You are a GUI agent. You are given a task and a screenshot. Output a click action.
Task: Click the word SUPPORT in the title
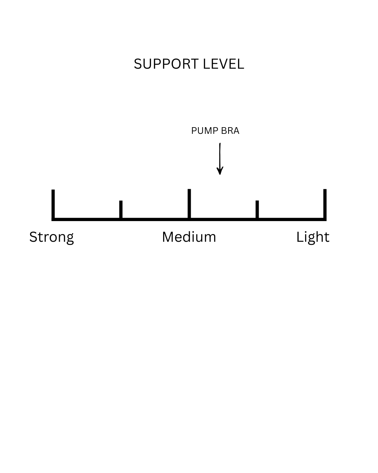pyautogui.click(x=166, y=64)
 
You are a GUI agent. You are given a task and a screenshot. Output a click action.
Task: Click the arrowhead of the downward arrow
pyautogui.click(x=220, y=171)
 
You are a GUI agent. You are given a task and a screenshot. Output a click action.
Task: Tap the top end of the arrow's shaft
pyautogui.click(x=220, y=144)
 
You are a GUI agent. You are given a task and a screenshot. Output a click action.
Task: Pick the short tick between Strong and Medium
pyautogui.click(x=121, y=209)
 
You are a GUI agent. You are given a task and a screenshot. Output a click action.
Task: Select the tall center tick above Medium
pyautogui.click(x=189, y=203)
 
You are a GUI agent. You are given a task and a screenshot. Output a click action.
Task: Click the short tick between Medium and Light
pyautogui.click(x=257, y=209)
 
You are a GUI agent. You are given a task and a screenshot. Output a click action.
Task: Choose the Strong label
pyautogui.click(x=51, y=237)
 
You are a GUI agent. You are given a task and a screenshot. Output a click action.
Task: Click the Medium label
pyautogui.click(x=189, y=237)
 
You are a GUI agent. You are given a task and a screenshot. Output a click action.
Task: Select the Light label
pyautogui.click(x=313, y=237)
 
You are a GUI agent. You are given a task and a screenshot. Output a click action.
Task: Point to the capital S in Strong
pyautogui.click(x=33, y=237)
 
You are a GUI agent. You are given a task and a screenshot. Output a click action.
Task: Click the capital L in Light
pyautogui.click(x=299, y=237)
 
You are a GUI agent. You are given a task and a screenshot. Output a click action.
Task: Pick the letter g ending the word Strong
pyautogui.click(x=69, y=239)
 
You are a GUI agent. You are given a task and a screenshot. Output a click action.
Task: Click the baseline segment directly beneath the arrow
pyautogui.click(x=220, y=219)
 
